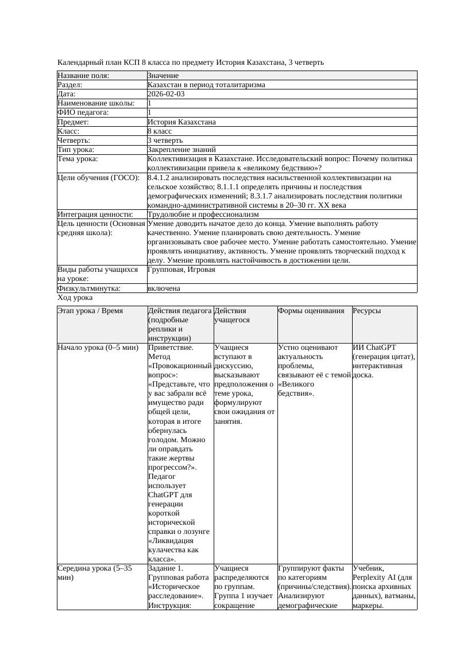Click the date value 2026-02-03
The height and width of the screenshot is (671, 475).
click(x=166, y=94)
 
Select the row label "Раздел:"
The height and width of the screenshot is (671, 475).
click(x=71, y=85)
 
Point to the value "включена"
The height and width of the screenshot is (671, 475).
click(x=164, y=288)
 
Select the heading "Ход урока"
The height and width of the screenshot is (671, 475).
click(x=75, y=298)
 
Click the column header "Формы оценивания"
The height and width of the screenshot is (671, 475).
click(x=311, y=311)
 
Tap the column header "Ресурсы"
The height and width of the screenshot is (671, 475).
click(x=367, y=311)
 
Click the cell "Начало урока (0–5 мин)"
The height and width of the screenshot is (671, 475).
click(x=94, y=348)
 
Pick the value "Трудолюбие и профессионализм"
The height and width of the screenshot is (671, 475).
click(x=203, y=214)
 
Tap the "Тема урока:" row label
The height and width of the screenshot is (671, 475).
click(x=78, y=159)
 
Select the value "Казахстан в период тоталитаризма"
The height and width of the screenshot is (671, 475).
click(x=206, y=85)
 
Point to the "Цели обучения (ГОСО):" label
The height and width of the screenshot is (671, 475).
click(x=98, y=178)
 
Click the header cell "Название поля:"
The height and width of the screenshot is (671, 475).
click(x=83, y=76)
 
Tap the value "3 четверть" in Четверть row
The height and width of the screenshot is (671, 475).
click(x=165, y=140)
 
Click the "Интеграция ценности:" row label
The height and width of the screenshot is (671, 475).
click(x=95, y=214)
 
